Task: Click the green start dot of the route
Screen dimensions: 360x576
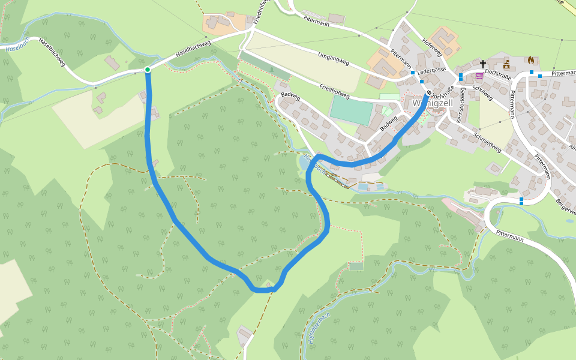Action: (148, 70)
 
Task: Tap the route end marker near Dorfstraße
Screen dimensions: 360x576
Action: (429, 93)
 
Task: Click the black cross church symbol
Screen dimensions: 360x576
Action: (483, 64)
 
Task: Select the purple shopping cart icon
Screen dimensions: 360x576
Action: (479, 76)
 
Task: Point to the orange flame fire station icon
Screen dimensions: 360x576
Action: (530, 60)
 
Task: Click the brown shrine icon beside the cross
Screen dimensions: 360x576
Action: (506, 64)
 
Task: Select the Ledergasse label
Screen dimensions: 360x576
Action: (432, 70)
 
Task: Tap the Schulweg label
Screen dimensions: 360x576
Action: (482, 92)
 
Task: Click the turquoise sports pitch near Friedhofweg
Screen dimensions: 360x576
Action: (351, 110)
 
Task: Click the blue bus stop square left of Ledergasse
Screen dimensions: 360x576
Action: (413, 72)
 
